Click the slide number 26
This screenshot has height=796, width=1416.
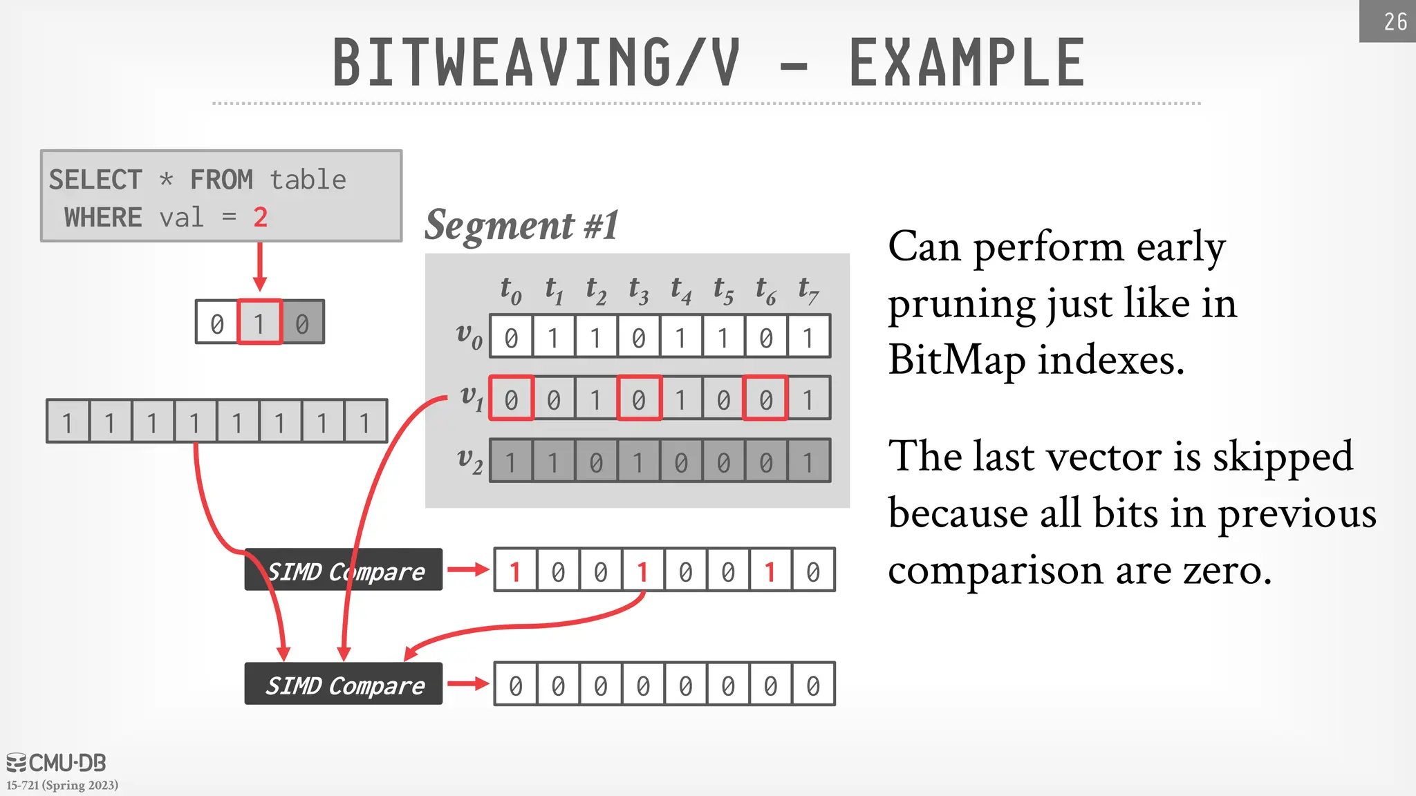[1395, 21]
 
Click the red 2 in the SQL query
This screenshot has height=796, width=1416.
[260, 218]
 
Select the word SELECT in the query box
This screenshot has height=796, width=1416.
[95, 180]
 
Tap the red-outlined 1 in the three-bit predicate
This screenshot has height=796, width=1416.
[259, 323]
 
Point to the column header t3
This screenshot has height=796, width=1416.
[638, 291]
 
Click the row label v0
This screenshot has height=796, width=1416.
[469, 335]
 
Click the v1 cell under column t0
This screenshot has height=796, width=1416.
[511, 399]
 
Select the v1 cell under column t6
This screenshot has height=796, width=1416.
[765, 399]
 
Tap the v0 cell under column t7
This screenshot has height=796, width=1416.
[808, 337]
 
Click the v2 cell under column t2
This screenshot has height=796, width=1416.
[596, 461]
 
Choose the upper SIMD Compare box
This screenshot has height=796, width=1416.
[344, 570]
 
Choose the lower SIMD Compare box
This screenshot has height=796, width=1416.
[344, 684]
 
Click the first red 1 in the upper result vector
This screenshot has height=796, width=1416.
[515, 571]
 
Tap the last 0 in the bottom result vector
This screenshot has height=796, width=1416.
[813, 685]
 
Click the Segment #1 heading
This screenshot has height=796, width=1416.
[521, 225]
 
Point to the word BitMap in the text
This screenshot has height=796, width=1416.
[956, 360]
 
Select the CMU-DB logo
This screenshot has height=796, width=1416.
[57, 763]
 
